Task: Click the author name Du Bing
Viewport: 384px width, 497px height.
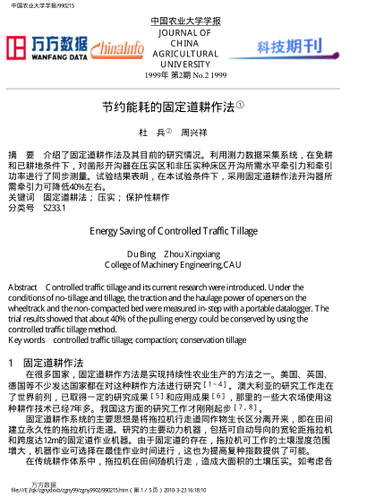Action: pyautogui.click(x=141, y=253)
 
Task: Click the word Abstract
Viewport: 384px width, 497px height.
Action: pyautogui.click(x=22, y=287)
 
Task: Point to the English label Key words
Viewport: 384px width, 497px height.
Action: pyautogui.click(x=26, y=340)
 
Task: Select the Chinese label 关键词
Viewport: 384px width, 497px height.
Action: pyautogui.click(x=21, y=196)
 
